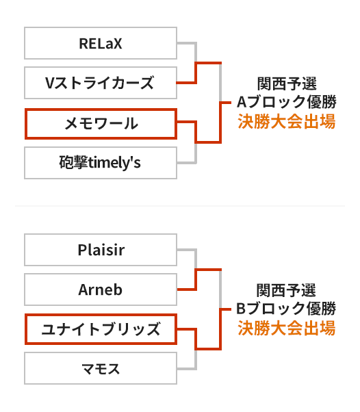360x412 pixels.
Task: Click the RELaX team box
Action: click(101, 43)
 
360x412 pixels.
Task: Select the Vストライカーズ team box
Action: click(101, 83)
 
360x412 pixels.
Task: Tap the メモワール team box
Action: click(101, 123)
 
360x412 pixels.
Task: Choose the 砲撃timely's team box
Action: click(101, 163)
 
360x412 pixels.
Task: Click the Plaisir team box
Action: click(101, 250)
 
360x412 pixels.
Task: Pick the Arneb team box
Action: click(101, 289)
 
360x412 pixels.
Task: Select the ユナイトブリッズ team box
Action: click(101, 329)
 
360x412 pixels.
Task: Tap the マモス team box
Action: click(101, 368)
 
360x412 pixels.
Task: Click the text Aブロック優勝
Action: click(286, 102)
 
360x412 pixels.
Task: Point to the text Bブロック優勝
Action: click(286, 309)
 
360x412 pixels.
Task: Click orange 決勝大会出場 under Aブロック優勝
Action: click(286, 121)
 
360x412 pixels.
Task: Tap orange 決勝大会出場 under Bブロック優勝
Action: click(286, 328)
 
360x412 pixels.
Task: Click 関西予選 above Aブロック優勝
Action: click(287, 83)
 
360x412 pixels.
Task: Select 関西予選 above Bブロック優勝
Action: click(286, 290)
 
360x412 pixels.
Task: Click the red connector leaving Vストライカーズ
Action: click(196, 73)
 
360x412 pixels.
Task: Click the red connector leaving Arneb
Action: click(196, 279)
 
